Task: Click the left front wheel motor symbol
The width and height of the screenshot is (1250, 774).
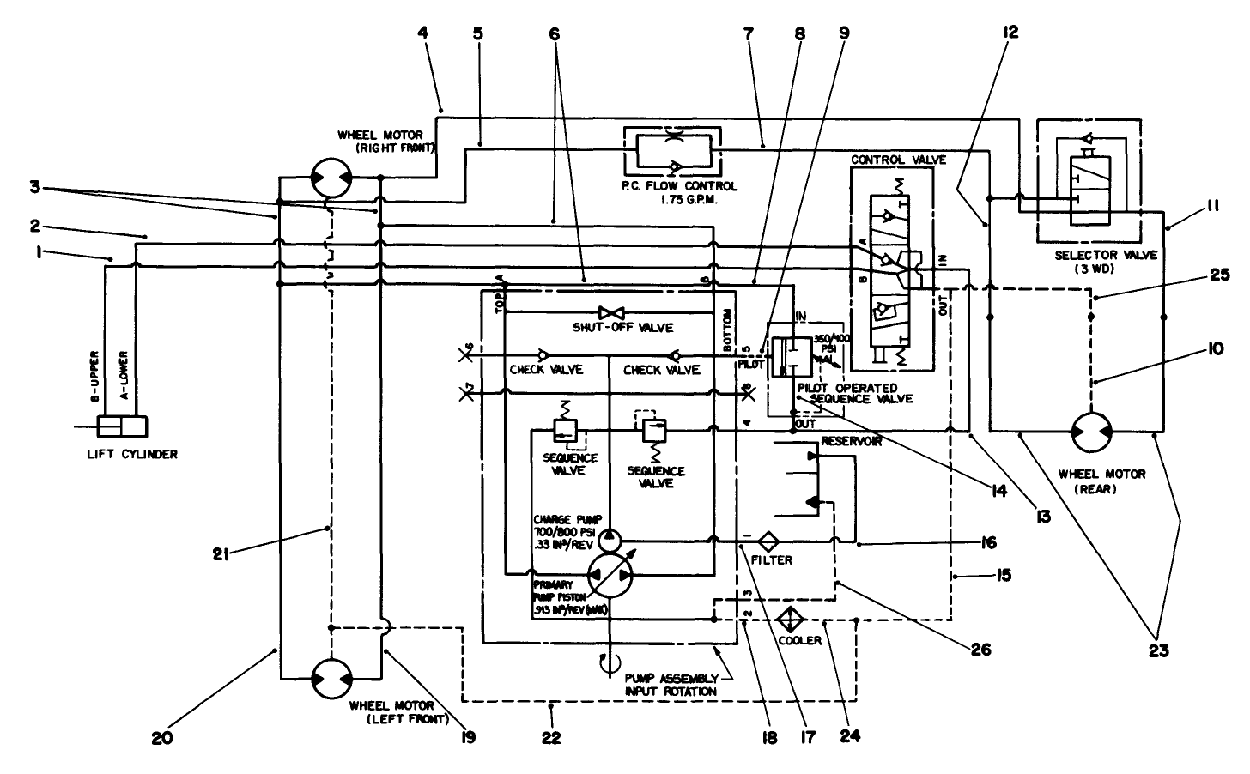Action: pos(331,678)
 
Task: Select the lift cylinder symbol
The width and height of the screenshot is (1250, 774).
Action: pos(123,426)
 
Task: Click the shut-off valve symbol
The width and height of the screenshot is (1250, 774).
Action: pos(610,312)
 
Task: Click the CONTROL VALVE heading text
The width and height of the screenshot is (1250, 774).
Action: pos(885,160)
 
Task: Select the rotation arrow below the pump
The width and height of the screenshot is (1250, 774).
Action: pos(609,662)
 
